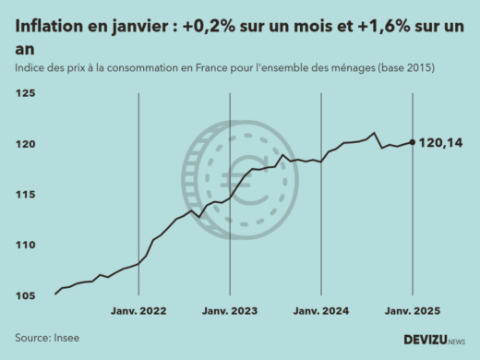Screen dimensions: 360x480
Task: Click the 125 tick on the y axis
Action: pos(24,94)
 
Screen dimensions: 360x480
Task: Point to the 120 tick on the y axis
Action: pos(24,144)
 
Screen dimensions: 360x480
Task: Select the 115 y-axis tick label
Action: pos(24,195)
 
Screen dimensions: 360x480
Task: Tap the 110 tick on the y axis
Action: pos(24,245)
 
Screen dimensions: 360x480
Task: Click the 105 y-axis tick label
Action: pos(24,295)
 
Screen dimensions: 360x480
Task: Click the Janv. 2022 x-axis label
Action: pos(139,312)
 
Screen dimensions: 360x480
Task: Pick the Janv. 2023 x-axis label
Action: pos(230,312)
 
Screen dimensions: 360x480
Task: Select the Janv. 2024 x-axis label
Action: pos(320,312)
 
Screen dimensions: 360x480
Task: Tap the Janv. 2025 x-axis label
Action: pos(411,312)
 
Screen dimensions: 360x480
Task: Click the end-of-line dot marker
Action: pos(411,142)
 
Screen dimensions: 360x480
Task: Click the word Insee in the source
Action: pos(66,338)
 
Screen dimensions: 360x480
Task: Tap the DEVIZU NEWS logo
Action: pos(434,340)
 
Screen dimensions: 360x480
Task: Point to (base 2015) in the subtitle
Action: pos(401,69)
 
